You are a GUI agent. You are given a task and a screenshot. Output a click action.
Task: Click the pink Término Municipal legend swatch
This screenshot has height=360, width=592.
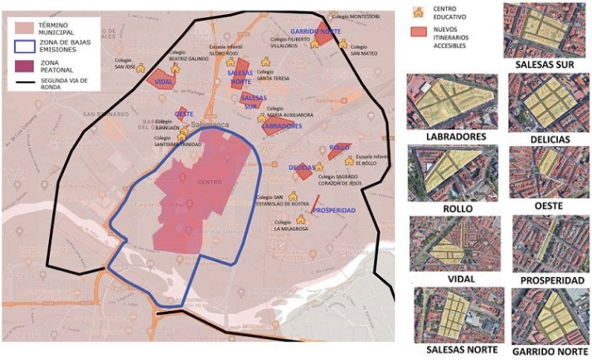click(x=22, y=26)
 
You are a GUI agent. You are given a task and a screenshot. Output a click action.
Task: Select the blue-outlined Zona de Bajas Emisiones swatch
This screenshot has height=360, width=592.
click(x=22, y=46)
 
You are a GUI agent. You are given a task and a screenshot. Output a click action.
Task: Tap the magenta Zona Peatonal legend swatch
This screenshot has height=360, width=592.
click(x=22, y=66)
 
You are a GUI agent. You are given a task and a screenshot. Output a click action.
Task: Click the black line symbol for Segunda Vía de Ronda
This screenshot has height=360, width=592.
click(x=22, y=84)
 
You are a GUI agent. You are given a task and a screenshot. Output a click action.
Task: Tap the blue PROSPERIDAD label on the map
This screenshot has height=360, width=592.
click(x=336, y=210)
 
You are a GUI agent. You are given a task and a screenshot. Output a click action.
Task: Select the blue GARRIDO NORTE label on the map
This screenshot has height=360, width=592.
click(x=315, y=31)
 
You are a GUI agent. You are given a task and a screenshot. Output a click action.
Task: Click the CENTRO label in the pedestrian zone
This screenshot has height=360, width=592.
click(x=211, y=182)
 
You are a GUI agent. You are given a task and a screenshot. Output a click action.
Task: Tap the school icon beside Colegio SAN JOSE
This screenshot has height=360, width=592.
click(x=140, y=69)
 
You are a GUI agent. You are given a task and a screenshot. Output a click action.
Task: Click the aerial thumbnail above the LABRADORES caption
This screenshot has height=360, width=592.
click(x=452, y=100)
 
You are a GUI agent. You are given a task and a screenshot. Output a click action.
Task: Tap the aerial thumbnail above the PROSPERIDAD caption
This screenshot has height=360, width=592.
click(x=549, y=244)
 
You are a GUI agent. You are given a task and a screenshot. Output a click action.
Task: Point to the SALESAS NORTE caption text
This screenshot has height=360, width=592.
click(x=458, y=350)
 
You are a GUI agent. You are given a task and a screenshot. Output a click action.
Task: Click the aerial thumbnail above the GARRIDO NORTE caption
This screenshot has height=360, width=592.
click(x=549, y=316)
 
